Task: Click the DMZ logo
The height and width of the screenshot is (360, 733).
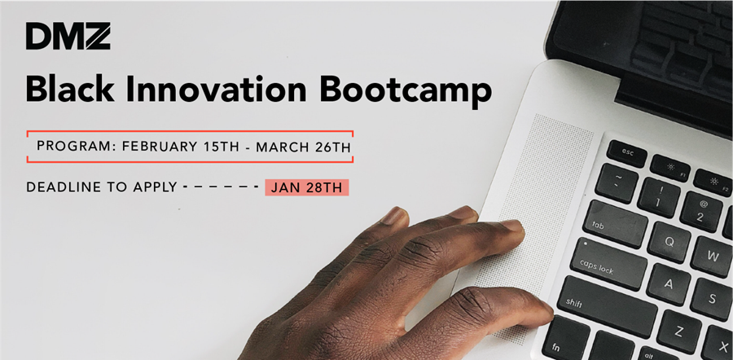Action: click(x=68, y=37)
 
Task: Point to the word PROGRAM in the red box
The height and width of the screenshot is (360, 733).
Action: click(x=77, y=147)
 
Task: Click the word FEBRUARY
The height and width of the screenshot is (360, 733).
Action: click(x=160, y=147)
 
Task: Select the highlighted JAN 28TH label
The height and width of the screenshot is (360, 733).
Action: click(x=307, y=187)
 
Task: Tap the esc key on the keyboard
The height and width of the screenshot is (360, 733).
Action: click(x=626, y=153)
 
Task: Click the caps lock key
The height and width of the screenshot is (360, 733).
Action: click(x=608, y=264)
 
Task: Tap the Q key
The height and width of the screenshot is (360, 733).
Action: click(x=669, y=242)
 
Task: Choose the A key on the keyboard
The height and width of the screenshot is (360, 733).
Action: click(x=668, y=283)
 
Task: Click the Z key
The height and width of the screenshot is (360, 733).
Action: click(x=678, y=331)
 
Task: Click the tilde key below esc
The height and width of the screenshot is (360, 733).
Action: click(x=617, y=182)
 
